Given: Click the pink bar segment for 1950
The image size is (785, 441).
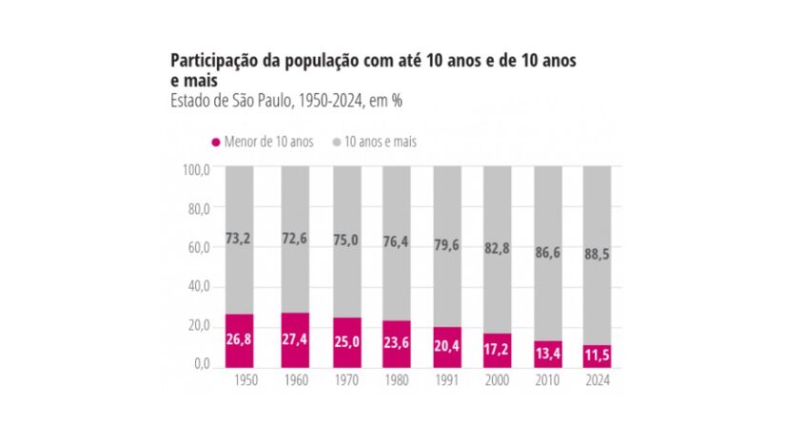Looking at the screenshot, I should (239, 339).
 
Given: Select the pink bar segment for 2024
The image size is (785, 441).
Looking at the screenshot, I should (597, 355).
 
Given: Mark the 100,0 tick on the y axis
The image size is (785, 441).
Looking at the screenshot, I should (196, 169).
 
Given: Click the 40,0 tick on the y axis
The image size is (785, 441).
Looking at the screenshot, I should (198, 286).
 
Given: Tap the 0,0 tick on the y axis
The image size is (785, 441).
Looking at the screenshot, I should (201, 364).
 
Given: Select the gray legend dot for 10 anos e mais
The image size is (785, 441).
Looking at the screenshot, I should (336, 142).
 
